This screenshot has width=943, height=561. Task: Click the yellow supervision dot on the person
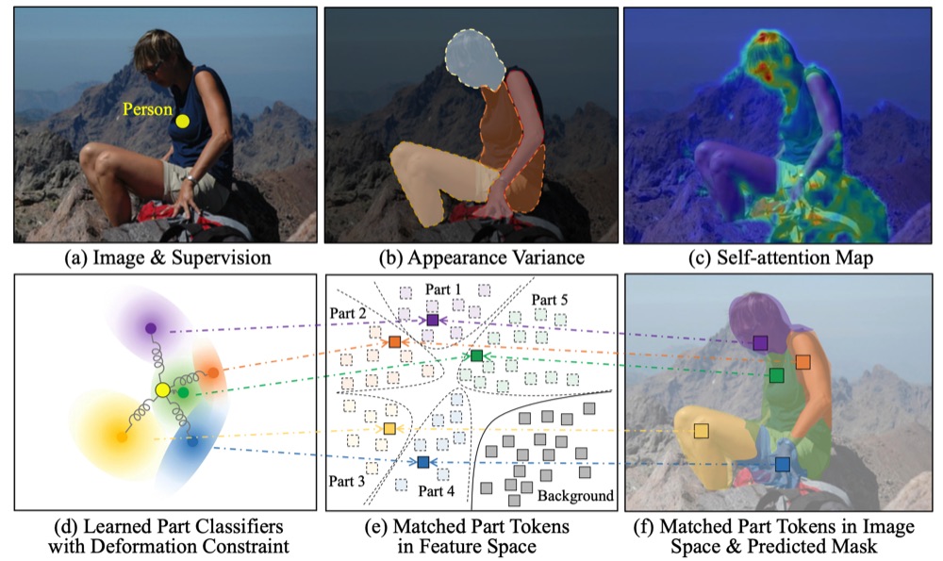pyautogui.click(x=183, y=122)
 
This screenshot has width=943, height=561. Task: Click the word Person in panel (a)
pyautogui.click(x=147, y=109)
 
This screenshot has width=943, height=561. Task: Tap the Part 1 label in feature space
pyautogui.click(x=442, y=289)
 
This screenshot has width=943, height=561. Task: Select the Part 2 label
pyautogui.click(x=348, y=314)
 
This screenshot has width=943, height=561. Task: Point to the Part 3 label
pyautogui.click(x=346, y=481)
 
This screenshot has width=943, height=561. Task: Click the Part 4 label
pyautogui.click(x=436, y=491)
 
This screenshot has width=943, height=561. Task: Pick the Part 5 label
pyautogui.click(x=549, y=300)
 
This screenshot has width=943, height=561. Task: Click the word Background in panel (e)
pyautogui.click(x=575, y=495)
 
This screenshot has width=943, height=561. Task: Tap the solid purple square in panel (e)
pyautogui.click(x=433, y=320)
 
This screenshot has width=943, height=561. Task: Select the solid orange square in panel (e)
pyautogui.click(x=394, y=341)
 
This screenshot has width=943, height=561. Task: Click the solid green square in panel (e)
pyautogui.click(x=476, y=355)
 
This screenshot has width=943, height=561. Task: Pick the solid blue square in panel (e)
pyautogui.click(x=422, y=462)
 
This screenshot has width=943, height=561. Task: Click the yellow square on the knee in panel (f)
pyautogui.click(x=702, y=431)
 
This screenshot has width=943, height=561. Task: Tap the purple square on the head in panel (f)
pyautogui.click(x=760, y=343)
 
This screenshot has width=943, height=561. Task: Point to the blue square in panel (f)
pyautogui.click(x=783, y=464)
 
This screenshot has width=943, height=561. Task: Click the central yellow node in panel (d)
pyautogui.click(x=162, y=389)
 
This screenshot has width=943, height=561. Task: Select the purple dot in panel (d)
pyautogui.click(x=150, y=328)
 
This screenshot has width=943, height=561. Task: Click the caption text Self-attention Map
pyautogui.click(x=781, y=257)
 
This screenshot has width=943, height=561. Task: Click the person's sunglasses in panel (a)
pyautogui.click(x=153, y=67)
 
